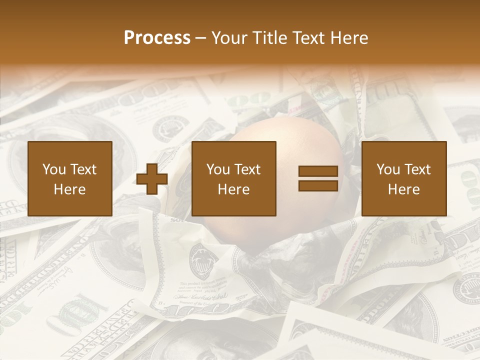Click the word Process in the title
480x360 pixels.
pos(157,38)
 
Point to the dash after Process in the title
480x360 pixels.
pos(200,38)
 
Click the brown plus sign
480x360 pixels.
pos(152,178)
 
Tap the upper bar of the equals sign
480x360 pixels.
pos(318,171)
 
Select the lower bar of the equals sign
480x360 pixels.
pos(318,185)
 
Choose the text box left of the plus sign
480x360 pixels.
pos(70,178)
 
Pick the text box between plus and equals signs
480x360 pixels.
pos(234,178)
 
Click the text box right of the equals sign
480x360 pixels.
pos(404,178)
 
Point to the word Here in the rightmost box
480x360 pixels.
pos(404,189)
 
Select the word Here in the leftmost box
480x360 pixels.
pos(70,189)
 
